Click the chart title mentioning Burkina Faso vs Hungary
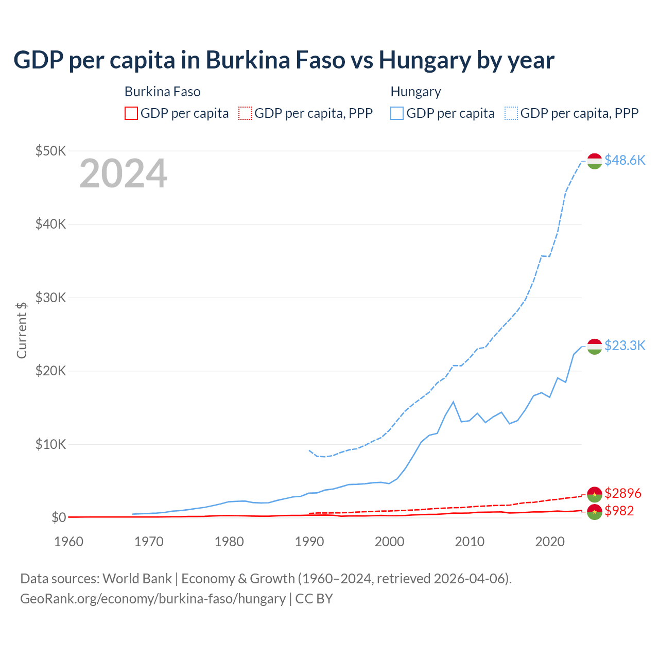coord(284,60)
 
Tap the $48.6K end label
coord(625,160)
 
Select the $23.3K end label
coord(625,345)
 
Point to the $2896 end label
coord(622,493)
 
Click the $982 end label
coord(619,511)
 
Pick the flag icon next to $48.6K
coord(595,161)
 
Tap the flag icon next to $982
coord(595,512)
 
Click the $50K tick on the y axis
coord(50,151)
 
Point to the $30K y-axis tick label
coord(50,298)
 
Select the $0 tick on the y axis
coord(58,517)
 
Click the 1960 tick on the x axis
coord(68,542)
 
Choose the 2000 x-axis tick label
coord(389,542)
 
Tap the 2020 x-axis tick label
coord(550,542)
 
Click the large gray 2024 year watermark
coord(123,174)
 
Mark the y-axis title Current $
coord(22,330)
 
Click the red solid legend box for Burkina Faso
coord(131,113)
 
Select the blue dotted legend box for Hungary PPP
coord(512,113)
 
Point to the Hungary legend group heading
coord(415,92)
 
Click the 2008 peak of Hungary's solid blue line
coord(453,402)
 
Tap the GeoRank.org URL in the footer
coord(152,599)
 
